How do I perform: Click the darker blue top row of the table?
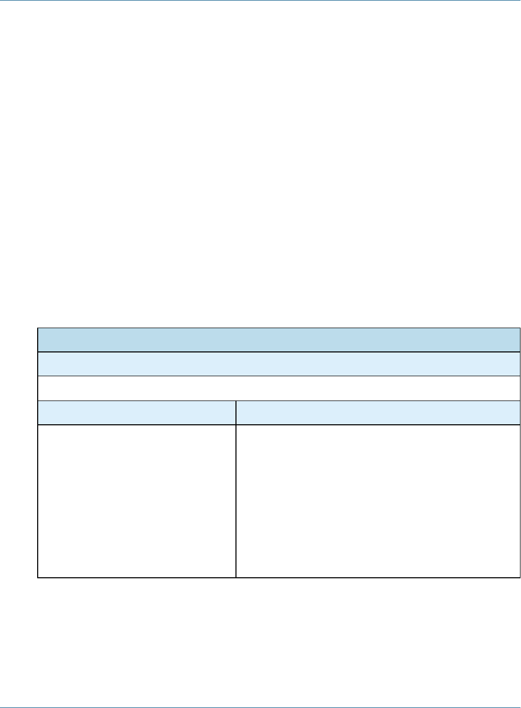click(279, 340)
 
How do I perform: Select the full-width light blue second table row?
click(279, 364)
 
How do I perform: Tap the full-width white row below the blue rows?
click(279, 388)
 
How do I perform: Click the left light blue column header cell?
click(137, 412)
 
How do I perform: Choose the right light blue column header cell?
click(378, 412)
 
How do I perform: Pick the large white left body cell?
click(137, 501)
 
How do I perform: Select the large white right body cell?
click(378, 501)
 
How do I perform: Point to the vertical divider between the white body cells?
click(236, 501)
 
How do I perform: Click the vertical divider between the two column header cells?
click(236, 412)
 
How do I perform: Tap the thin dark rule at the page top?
click(260, 1)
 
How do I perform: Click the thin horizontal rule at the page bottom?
click(260, 707)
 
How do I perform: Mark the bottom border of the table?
click(279, 577)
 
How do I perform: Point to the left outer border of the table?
click(38, 452)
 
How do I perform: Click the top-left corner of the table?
click(38, 328)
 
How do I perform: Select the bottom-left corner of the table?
click(38, 577)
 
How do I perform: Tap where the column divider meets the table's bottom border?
click(236, 577)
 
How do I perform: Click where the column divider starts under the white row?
click(236, 401)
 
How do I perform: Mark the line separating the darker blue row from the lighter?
click(279, 352)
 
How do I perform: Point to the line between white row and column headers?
click(279, 400)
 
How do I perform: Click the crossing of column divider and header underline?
click(236, 425)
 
